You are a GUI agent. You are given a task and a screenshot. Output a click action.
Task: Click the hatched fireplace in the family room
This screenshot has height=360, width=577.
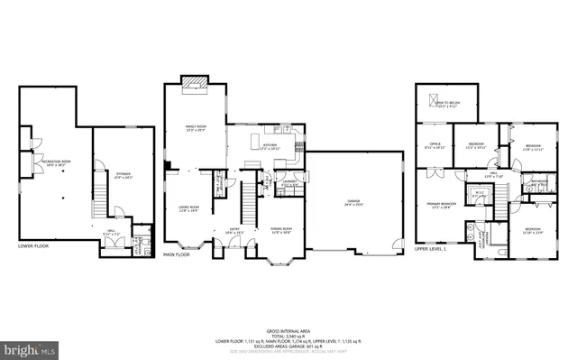194,84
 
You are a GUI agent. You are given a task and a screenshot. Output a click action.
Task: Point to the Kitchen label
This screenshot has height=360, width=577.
270,144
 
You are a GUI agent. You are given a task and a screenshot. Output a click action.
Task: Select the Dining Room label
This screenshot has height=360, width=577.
282,230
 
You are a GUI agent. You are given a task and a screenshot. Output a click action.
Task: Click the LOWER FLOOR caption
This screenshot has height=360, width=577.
35,245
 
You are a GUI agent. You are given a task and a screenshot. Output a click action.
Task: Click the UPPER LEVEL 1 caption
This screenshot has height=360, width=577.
431,247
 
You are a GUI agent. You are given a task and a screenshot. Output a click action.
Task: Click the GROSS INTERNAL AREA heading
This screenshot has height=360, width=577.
288,331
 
